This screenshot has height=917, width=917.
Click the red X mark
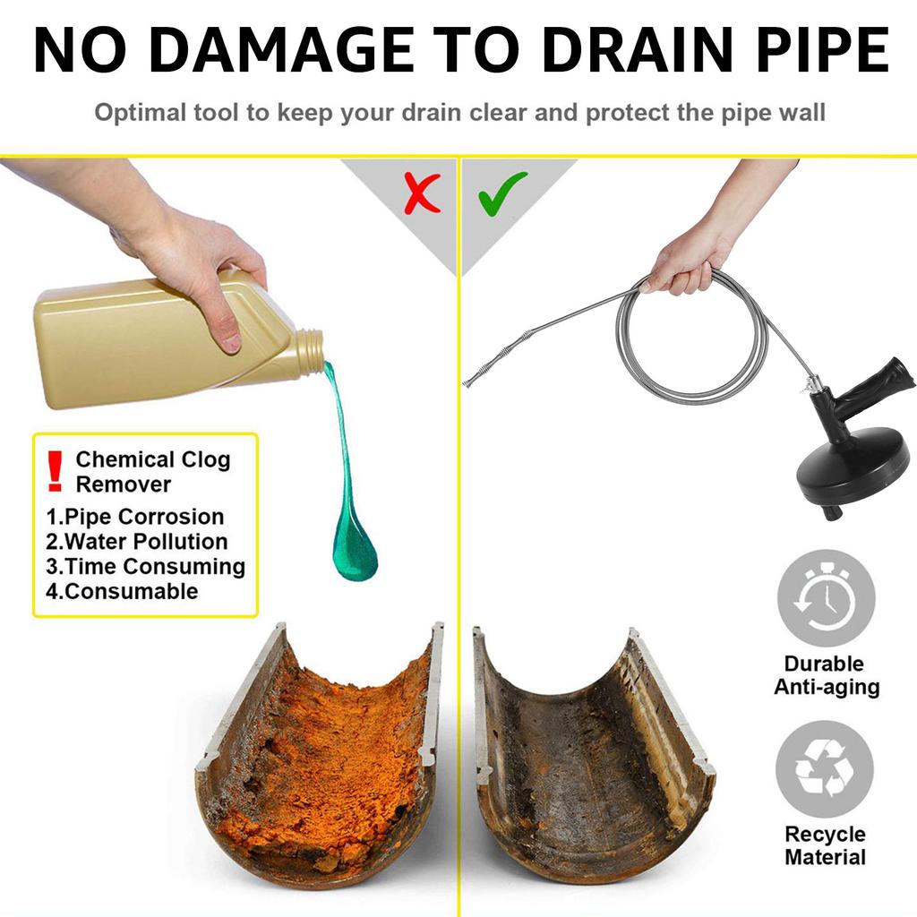pyautogui.click(x=422, y=193)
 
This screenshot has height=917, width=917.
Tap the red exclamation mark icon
pyautogui.click(x=56, y=471)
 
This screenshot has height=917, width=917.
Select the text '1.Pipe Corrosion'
pyautogui.click(x=134, y=517)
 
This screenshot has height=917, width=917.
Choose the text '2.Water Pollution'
pyautogui.click(x=137, y=542)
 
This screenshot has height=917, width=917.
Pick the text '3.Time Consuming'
pyautogui.click(x=145, y=567)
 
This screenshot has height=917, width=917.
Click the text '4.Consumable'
pyautogui.click(x=122, y=591)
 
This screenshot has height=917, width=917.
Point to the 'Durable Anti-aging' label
pyautogui.click(x=826, y=676)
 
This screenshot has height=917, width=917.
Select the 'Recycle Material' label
pyautogui.click(x=825, y=845)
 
